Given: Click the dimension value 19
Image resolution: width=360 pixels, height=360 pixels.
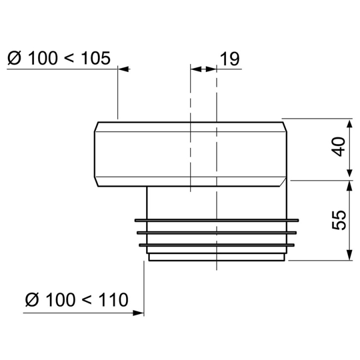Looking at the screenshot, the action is click(x=230, y=59).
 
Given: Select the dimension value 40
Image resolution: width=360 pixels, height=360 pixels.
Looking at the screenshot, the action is click(x=339, y=147).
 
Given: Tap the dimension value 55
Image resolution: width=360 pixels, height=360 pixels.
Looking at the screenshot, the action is click(x=339, y=220).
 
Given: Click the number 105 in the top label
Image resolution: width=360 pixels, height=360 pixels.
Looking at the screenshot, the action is click(x=96, y=58).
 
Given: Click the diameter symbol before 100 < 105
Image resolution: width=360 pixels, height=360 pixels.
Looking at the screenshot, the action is click(x=14, y=58).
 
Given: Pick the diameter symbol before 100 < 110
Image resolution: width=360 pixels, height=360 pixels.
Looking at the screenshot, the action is click(x=32, y=300).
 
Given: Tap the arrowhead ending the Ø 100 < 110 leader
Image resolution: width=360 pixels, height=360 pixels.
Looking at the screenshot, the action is click(x=139, y=313).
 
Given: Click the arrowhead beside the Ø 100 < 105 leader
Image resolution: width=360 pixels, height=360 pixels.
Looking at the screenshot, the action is click(x=124, y=69).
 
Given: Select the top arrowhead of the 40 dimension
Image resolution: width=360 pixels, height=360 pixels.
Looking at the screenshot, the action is click(x=349, y=125).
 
